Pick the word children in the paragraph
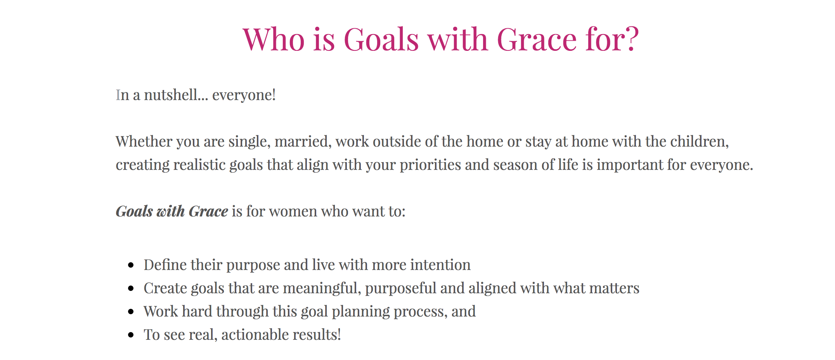700,142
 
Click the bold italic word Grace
208,211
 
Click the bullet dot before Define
131,265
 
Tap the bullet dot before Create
131,289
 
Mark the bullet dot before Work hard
131,312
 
